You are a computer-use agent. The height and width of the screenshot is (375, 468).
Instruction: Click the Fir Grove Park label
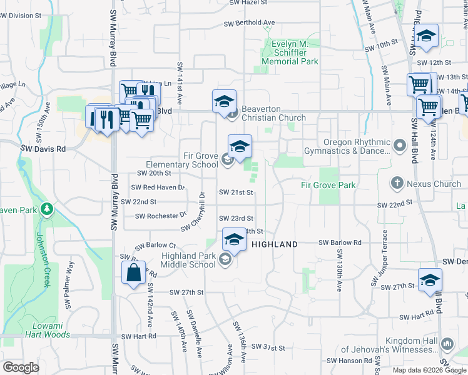click(x=328, y=185)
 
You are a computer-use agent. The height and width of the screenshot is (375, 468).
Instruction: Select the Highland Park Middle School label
click(x=188, y=260)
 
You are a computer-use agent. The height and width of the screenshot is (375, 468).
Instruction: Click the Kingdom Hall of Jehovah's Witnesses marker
click(x=447, y=344)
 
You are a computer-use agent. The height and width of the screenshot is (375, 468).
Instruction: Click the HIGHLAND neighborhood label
click(x=275, y=244)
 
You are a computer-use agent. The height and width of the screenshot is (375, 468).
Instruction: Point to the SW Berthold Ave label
click(x=250, y=23)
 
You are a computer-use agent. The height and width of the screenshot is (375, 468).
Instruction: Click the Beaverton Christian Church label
click(x=273, y=113)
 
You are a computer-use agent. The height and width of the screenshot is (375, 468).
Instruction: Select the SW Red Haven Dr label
click(x=158, y=187)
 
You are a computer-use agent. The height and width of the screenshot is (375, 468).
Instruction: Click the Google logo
click(x=21, y=367)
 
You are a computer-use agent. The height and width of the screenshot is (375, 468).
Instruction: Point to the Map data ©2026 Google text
click(x=429, y=370)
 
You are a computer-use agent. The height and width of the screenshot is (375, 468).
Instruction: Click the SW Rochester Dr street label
click(x=161, y=216)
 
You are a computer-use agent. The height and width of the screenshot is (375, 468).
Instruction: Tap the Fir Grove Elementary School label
click(x=182, y=160)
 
